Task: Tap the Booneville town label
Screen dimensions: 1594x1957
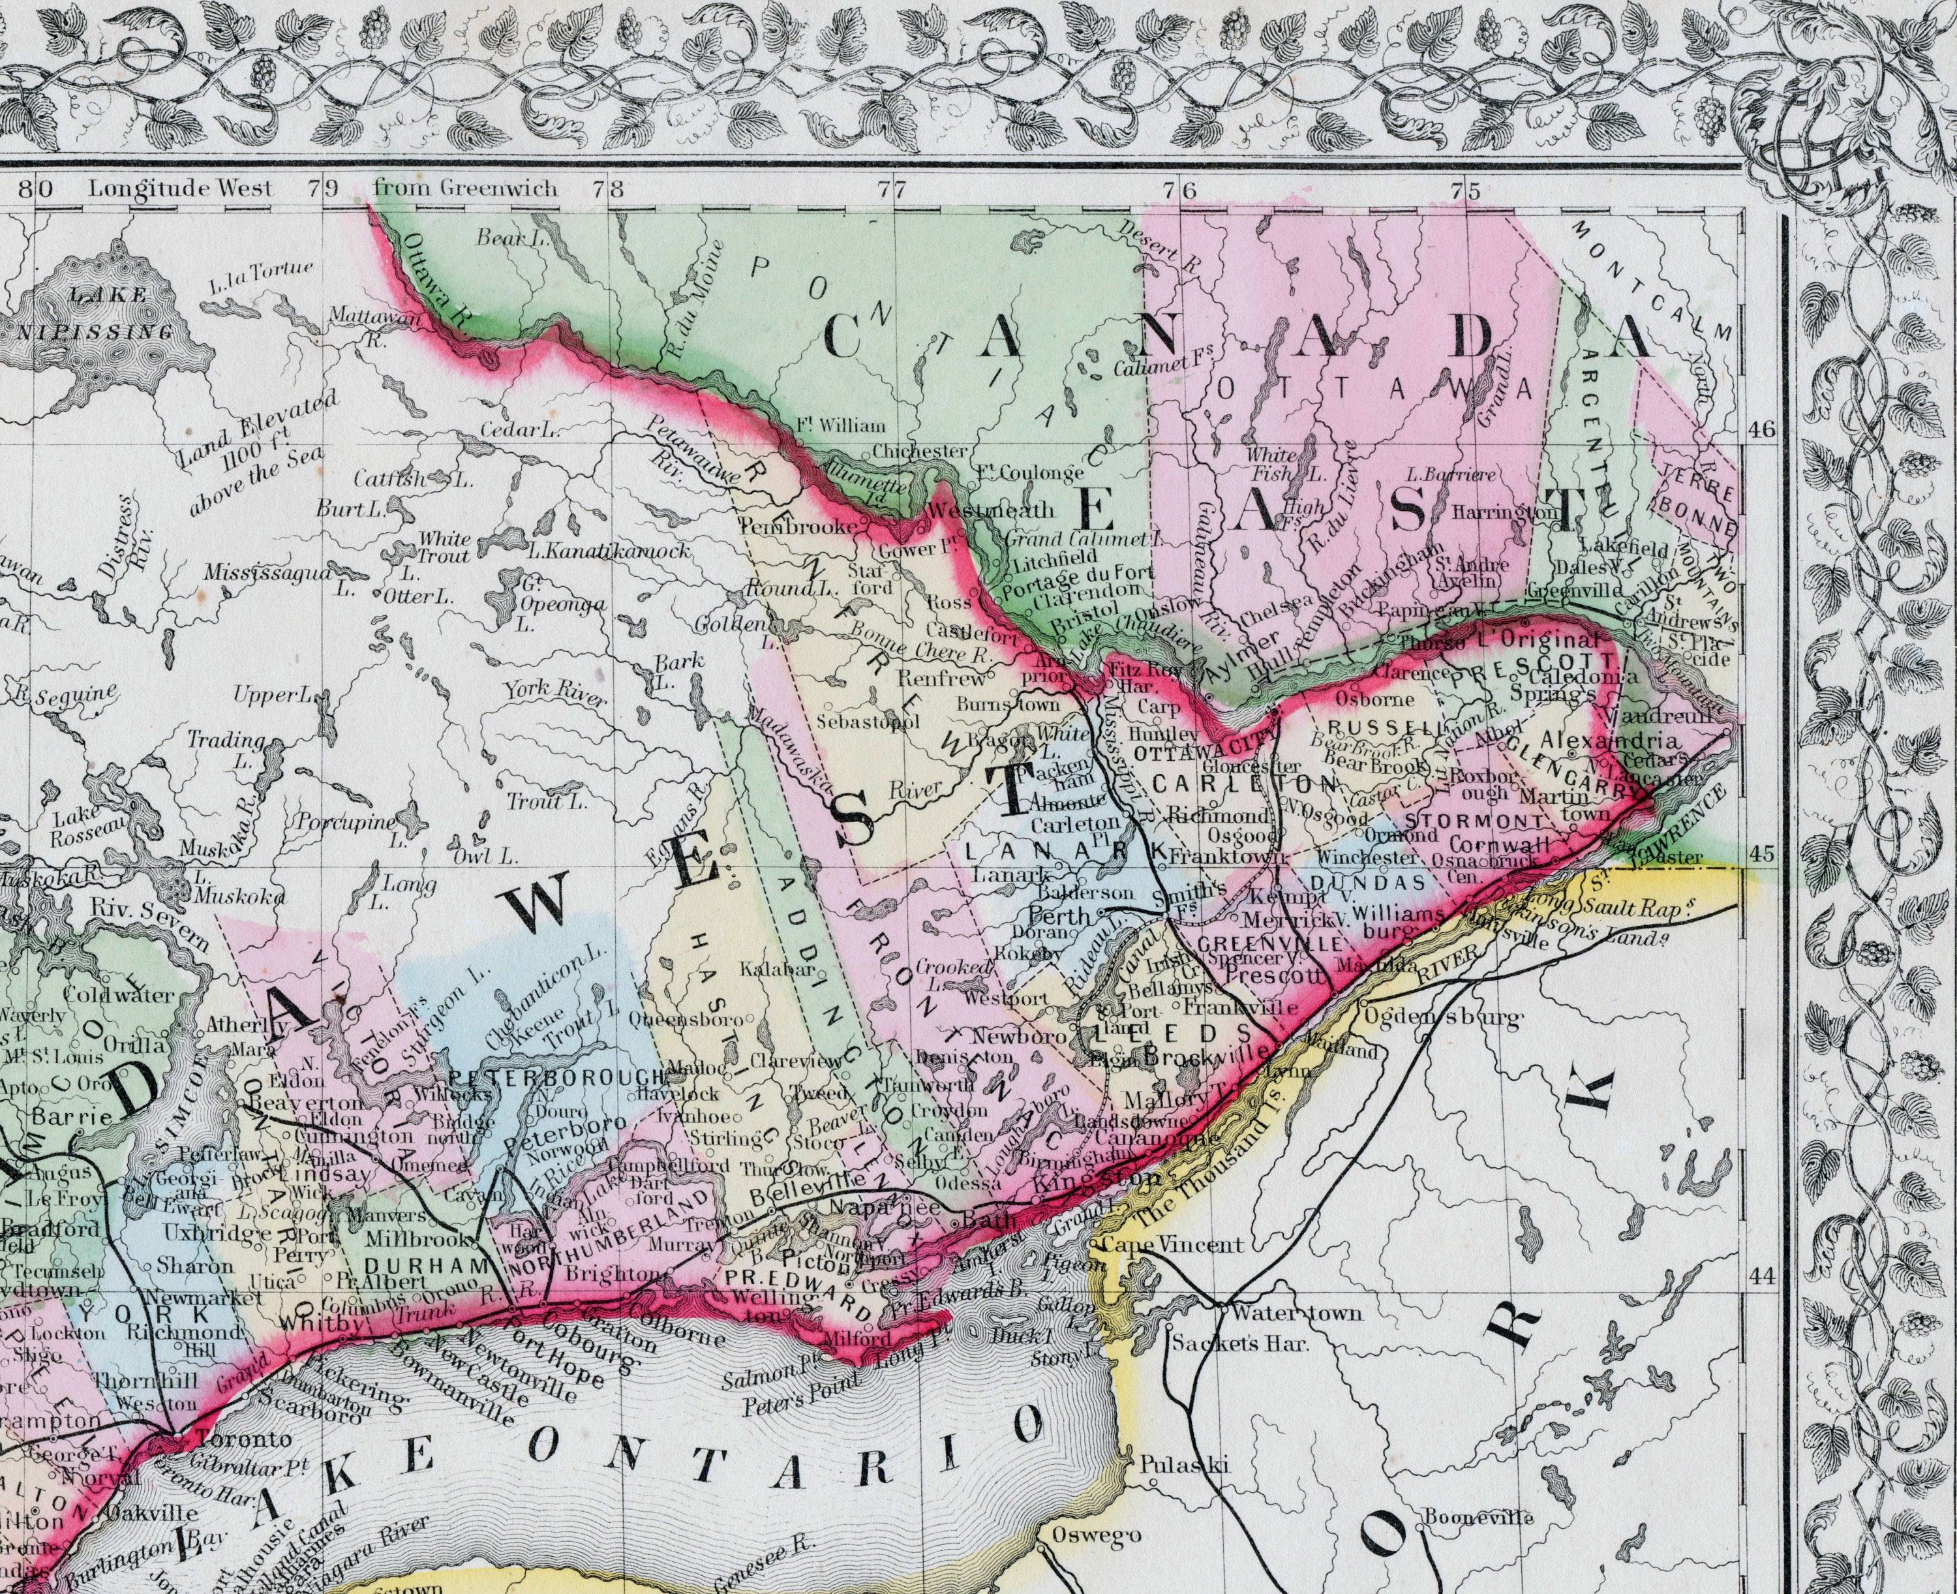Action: tap(1478, 1518)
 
